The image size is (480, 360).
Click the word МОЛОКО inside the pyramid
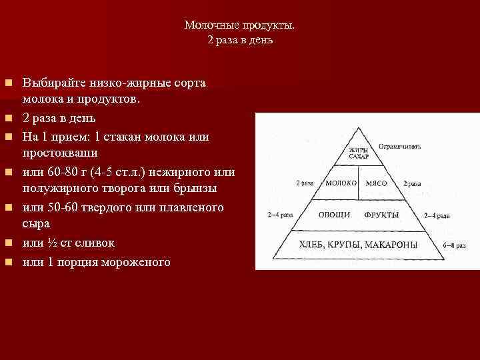pyautogui.click(x=341, y=183)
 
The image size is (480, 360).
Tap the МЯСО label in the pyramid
pyautogui.click(x=377, y=183)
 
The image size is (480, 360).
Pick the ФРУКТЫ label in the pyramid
pyautogui.click(x=382, y=215)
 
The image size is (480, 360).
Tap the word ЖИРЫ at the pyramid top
pyautogui.click(x=358, y=150)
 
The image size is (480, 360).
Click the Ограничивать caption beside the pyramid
pyautogui.click(x=399, y=145)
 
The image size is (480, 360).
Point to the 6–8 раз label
pyautogui.click(x=453, y=245)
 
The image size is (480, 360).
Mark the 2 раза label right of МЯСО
pyautogui.click(x=411, y=183)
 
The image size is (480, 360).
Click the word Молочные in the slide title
pyautogui.click(x=208, y=25)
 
